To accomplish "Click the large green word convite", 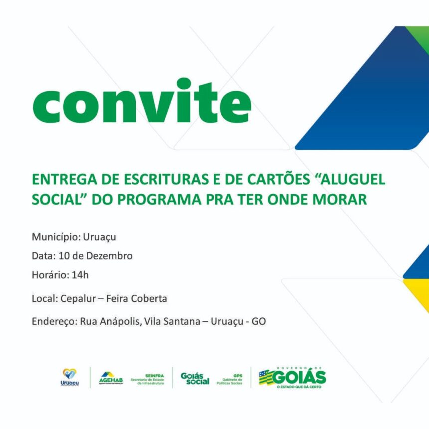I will [x=142, y=102].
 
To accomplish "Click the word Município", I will [x=53, y=236].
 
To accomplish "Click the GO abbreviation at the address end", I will [x=259, y=322].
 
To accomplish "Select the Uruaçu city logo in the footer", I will [x=69, y=377].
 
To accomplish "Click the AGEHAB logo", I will [x=110, y=377].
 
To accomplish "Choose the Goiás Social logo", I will [x=195, y=378].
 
